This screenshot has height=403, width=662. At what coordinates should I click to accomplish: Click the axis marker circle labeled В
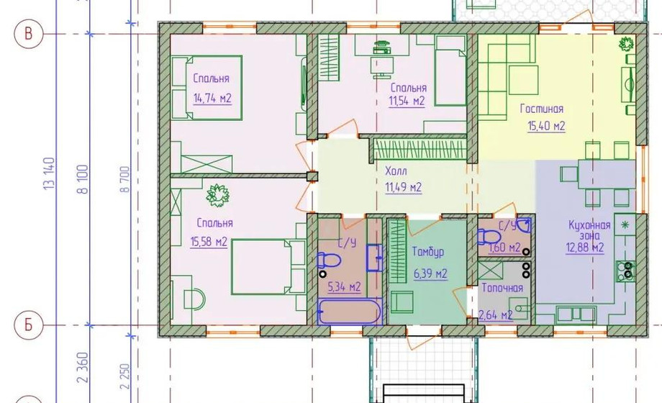(29, 33)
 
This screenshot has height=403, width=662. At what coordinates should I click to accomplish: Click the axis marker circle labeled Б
(29, 325)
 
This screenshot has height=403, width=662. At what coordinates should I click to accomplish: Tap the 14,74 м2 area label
(212, 99)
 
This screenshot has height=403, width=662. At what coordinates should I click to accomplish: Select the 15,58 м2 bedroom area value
(209, 242)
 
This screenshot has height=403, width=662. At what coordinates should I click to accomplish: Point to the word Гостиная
(542, 109)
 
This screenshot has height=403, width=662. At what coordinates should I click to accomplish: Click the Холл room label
(396, 171)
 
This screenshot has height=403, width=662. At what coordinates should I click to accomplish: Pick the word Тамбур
(428, 252)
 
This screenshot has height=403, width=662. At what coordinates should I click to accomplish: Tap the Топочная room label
(502, 288)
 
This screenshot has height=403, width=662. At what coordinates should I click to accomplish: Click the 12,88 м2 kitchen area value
(585, 248)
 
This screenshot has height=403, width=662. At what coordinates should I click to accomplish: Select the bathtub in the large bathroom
(349, 312)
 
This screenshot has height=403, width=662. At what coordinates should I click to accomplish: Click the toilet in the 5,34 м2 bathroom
(328, 261)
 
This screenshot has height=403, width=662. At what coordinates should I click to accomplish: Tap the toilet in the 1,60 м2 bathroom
(489, 237)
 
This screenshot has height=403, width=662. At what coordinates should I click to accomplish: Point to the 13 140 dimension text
(49, 173)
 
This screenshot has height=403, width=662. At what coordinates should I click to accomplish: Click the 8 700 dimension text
(125, 179)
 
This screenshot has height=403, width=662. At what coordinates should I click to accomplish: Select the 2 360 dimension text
(83, 368)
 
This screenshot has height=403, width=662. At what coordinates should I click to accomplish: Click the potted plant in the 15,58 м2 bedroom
(218, 195)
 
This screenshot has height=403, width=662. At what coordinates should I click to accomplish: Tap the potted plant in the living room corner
(627, 44)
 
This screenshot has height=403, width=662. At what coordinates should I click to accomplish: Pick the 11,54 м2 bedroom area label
(407, 101)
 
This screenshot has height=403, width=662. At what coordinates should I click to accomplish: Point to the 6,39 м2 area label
(430, 273)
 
